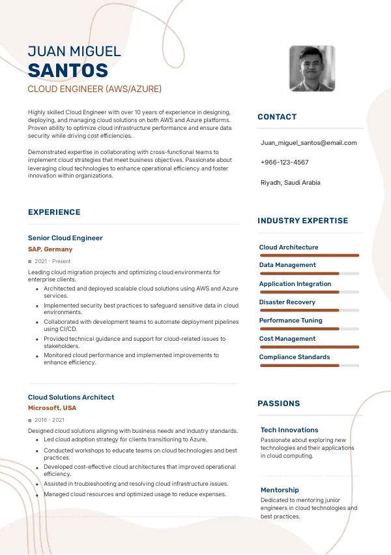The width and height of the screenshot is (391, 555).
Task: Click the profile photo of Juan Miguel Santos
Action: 312,68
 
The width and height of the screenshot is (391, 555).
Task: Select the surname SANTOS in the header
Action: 68,71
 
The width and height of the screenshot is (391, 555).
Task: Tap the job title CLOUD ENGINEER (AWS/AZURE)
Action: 94,89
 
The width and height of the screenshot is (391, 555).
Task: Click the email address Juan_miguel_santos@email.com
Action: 308,142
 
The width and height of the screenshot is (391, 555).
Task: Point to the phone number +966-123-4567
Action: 284,162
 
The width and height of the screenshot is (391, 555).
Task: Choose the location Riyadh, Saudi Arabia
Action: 290,182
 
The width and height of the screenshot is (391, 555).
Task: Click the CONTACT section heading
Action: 277,117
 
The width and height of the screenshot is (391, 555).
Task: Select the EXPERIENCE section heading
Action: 54,212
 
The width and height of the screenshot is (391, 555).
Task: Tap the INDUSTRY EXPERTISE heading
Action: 302,221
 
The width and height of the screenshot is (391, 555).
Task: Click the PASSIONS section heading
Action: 278,404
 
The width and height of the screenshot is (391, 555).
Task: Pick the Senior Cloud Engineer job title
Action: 65,238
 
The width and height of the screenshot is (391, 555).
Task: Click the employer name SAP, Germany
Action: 50,249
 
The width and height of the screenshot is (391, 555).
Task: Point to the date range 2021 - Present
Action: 52,261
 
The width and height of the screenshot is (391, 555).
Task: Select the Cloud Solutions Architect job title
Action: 71,397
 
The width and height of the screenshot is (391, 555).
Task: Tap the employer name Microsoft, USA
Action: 52,408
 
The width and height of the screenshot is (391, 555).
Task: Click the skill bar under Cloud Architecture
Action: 309,255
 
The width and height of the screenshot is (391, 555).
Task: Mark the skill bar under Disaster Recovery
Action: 309,310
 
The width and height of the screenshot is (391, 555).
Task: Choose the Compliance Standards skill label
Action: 295,357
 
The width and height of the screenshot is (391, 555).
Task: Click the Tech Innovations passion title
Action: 289,430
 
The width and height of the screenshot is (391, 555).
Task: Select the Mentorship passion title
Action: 280,490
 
